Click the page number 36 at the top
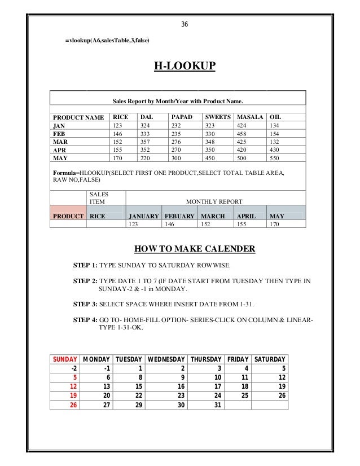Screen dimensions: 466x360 pyautogui.click(x=185, y=24)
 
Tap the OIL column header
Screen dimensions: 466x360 pyautogui.click(x=276, y=117)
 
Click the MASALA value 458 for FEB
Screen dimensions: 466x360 pyautogui.click(x=243, y=134)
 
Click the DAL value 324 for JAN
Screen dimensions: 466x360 pyautogui.click(x=146, y=125)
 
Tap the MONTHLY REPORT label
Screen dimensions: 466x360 pyautogui.click(x=214, y=201)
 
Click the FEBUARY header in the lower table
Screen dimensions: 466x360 pyautogui.click(x=179, y=216)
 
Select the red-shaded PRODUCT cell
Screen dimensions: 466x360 pyautogui.click(x=68, y=216)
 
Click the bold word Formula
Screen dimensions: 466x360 pyautogui.click(x=64, y=172)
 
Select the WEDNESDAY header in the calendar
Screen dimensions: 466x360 pyautogui.click(x=166, y=359)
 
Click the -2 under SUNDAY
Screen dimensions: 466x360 pyautogui.click(x=73, y=368)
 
